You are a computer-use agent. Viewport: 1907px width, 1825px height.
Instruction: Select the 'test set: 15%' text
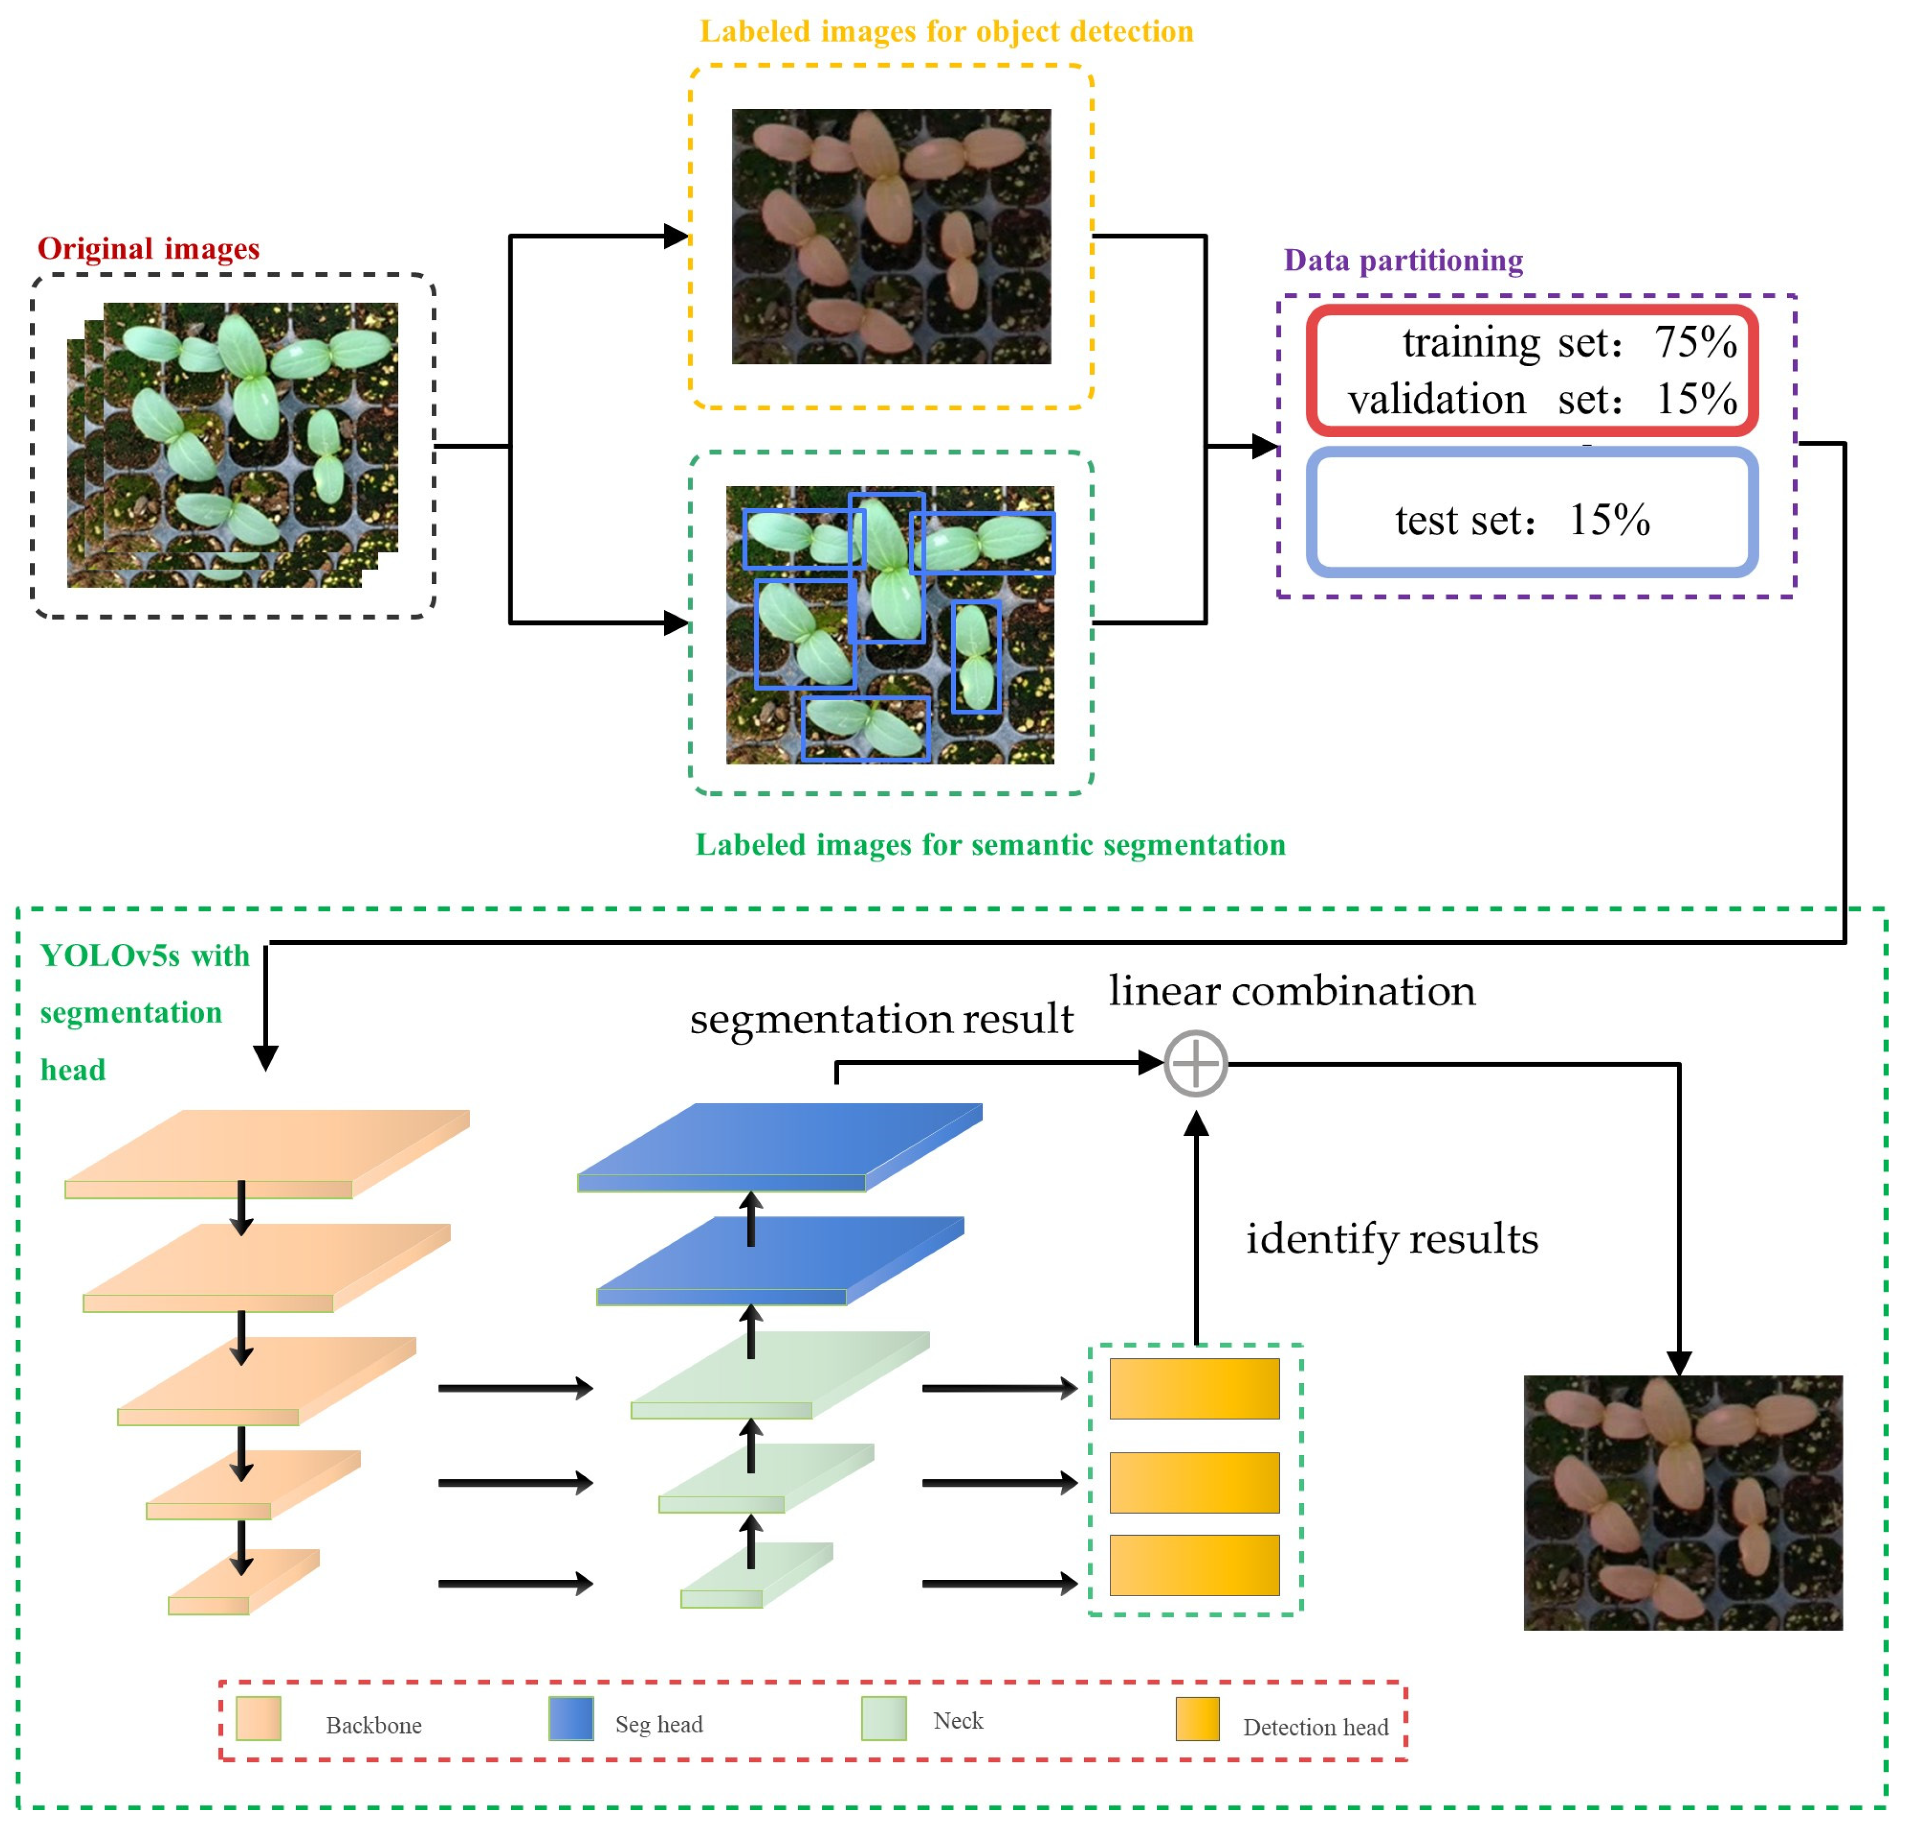click(1522, 520)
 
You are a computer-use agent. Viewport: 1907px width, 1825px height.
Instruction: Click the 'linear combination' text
click(1291, 991)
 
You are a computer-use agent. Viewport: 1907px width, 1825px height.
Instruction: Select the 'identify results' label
click(1392, 1238)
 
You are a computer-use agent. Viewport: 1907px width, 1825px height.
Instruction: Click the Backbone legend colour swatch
click(259, 1719)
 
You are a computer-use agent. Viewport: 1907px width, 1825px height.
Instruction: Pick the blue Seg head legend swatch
click(571, 1719)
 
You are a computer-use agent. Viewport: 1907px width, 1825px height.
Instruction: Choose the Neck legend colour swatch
click(883, 1719)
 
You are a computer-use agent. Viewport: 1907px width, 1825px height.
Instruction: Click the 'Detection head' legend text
click(1315, 1728)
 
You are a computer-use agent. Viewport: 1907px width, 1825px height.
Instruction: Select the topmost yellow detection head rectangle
click(1194, 1388)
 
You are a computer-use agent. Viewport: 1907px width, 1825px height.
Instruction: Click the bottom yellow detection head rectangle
click(1194, 1565)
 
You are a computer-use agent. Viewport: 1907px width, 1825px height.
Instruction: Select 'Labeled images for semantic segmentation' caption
click(990, 844)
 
